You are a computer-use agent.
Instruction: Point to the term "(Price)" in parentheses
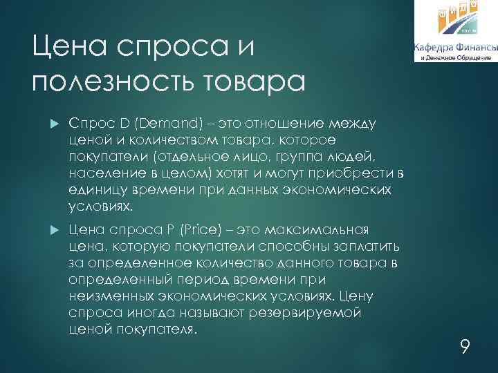187,229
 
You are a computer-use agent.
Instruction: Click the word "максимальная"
320,229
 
